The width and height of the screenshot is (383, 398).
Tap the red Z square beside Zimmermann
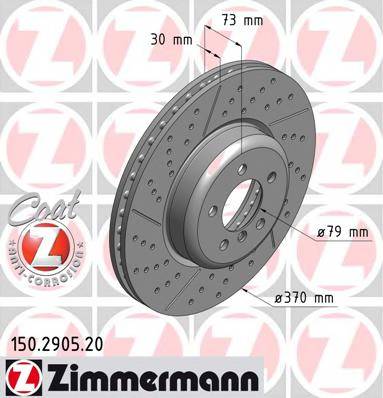21,377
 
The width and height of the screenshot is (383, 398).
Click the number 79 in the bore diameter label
336,233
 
